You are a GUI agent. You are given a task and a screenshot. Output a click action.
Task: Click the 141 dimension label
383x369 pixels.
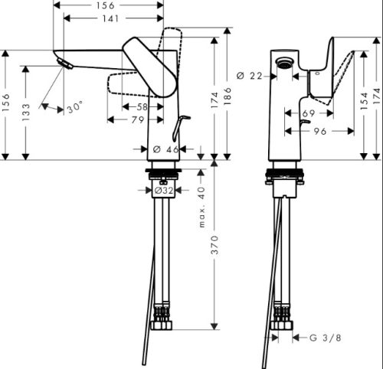110,18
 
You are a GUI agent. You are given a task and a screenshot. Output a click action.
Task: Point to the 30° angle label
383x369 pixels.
75,106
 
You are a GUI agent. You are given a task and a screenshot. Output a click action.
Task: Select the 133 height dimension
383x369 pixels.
26,113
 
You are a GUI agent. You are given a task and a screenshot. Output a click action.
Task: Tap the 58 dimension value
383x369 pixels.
142,106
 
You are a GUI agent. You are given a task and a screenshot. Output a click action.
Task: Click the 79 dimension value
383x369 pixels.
138,119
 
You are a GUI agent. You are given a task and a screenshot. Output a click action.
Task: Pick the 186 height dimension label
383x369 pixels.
227,96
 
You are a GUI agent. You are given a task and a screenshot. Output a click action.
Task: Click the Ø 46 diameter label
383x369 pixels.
166,149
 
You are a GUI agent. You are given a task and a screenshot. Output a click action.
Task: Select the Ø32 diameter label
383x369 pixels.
164,190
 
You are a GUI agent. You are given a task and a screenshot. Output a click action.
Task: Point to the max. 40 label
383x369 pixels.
201,207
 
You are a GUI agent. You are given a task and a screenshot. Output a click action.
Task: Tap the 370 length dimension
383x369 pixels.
215,245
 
